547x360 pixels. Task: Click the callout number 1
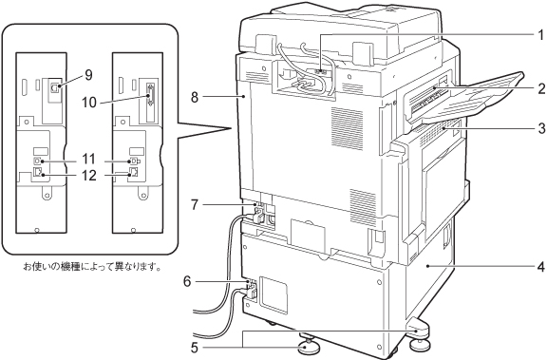(x=540, y=35)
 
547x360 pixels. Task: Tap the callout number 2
(x=541, y=88)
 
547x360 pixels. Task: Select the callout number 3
(x=541, y=128)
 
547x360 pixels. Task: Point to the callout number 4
(x=541, y=267)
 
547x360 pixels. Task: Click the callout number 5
(x=195, y=348)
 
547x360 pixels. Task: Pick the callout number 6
(x=188, y=281)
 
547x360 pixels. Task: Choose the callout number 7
(x=195, y=204)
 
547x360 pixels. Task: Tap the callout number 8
(x=195, y=97)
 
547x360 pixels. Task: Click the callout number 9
(x=88, y=75)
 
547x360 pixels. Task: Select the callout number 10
(x=88, y=103)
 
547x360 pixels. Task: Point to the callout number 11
(x=88, y=159)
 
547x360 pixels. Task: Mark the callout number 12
(x=88, y=175)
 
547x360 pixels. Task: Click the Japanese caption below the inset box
(x=92, y=268)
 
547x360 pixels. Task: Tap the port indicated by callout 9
(x=54, y=88)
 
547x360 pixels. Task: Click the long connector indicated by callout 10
(x=150, y=95)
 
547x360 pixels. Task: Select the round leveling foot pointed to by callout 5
(x=307, y=346)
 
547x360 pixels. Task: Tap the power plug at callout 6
(x=251, y=291)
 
